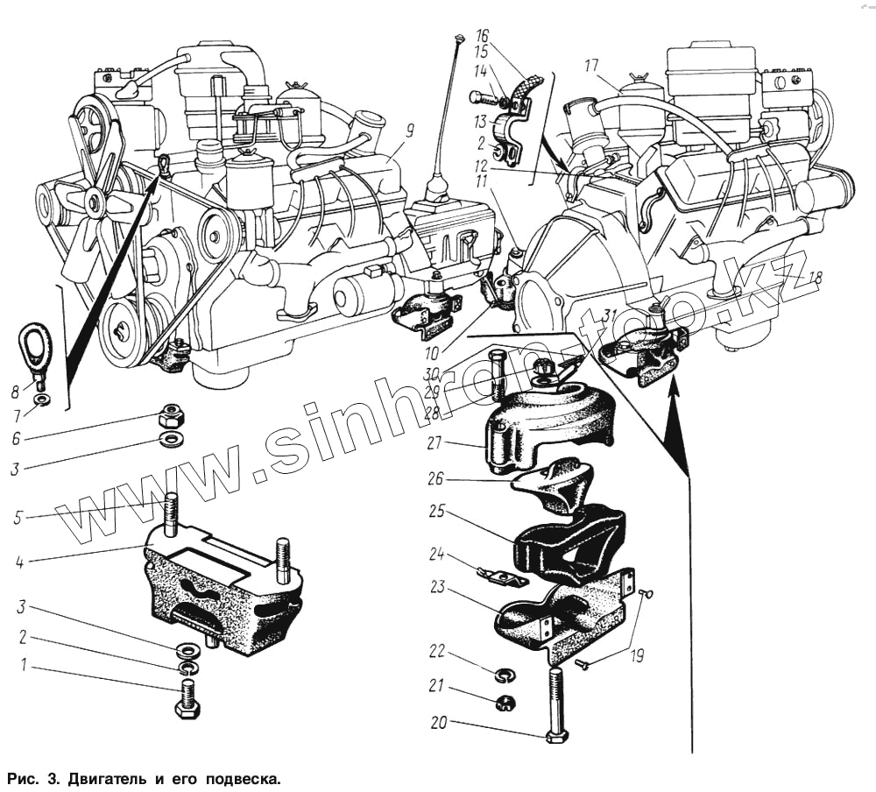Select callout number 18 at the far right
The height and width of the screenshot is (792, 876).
pos(815,278)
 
